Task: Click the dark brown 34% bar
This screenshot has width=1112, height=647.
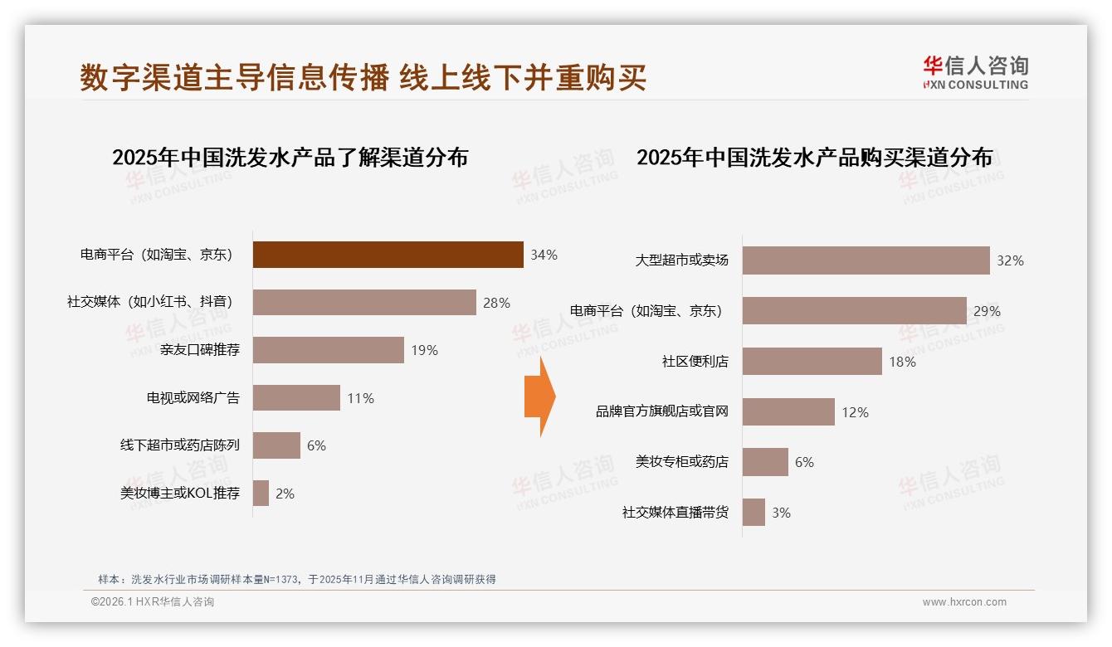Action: (388, 255)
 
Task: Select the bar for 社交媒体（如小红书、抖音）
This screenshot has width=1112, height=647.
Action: (364, 303)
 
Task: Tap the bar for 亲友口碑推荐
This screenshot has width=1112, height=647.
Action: (328, 350)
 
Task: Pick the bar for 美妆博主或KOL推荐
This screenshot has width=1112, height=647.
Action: (261, 494)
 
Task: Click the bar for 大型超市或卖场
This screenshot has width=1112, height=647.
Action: (866, 260)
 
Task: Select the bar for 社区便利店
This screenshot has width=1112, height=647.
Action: (812, 362)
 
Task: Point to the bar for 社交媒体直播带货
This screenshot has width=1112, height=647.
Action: (754, 513)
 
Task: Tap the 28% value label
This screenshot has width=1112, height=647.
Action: (496, 303)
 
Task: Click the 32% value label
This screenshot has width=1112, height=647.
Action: (1010, 260)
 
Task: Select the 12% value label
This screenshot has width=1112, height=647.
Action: (855, 412)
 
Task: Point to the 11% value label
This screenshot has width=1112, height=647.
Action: (360, 398)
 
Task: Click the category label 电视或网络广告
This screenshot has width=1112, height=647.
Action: (193, 398)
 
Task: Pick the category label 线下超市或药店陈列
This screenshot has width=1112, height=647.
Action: (179, 445)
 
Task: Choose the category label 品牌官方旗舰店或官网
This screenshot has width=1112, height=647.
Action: (661, 411)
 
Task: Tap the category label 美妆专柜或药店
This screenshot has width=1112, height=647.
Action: (681, 462)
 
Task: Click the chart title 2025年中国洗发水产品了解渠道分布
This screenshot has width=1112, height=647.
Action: (290, 157)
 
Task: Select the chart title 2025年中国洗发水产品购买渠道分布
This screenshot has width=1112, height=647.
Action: (814, 157)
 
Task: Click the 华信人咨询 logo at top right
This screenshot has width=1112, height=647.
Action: (975, 72)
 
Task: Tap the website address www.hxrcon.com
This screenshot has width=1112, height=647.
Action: (964, 602)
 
